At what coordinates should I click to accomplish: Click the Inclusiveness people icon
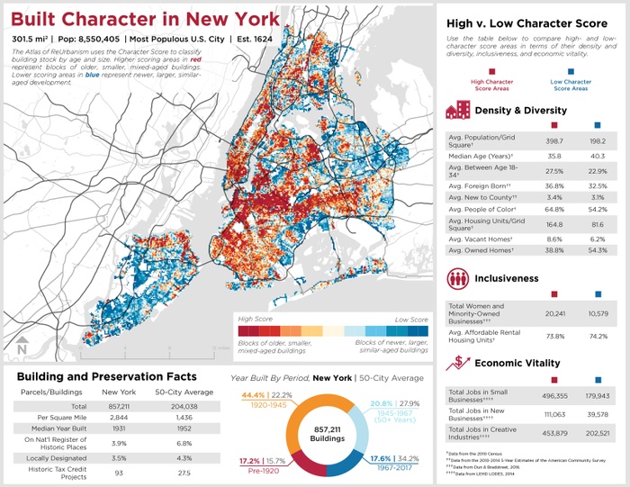tap(458, 278)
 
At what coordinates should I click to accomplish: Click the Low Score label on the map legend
tap(412, 319)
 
